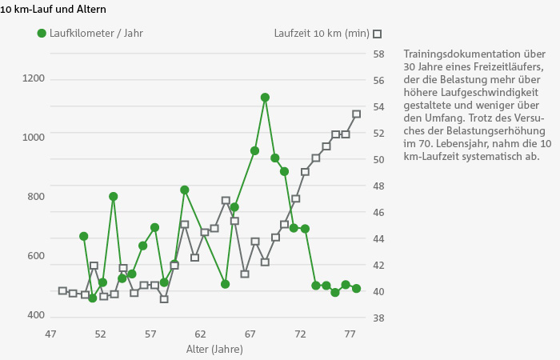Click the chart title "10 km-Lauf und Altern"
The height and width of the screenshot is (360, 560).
point(53,9)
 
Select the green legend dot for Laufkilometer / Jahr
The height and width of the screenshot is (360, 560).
point(42,34)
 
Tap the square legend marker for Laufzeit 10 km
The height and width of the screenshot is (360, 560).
point(378,34)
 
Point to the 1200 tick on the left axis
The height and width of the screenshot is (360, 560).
point(34,78)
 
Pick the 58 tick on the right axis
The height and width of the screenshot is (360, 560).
point(379,54)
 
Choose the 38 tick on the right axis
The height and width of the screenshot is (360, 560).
point(379,318)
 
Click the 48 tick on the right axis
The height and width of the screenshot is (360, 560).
point(379,186)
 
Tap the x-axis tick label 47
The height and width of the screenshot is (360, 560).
point(51,334)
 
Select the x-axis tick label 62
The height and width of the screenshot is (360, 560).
point(200,334)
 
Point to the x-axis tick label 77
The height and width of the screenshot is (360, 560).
point(350,334)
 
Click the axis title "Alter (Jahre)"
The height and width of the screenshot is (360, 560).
point(214,350)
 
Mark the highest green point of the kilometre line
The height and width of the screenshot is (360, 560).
point(265,98)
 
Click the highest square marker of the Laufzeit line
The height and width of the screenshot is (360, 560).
point(357,114)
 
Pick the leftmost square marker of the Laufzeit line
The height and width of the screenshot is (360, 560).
point(62,291)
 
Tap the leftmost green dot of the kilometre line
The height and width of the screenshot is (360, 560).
point(84,237)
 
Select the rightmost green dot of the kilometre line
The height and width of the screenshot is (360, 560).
point(356,289)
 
